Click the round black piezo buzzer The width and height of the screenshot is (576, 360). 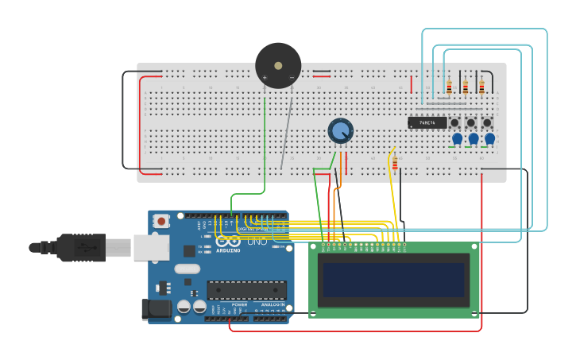coord(278,66)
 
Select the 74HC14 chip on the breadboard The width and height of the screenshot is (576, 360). coord(427,122)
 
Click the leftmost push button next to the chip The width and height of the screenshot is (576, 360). coord(455,122)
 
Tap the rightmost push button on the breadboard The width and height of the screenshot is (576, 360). coord(487,122)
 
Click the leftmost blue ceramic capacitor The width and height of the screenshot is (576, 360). coord(457,138)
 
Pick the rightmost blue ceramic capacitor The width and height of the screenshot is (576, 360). coord(489,138)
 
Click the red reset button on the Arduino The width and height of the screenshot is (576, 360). coord(161,221)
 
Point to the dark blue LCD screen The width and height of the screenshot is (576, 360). coord(393,280)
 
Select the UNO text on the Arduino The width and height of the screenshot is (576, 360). coord(257,241)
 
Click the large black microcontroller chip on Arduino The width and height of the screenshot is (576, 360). coord(246,290)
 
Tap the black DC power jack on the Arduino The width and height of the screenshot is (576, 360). coord(156,309)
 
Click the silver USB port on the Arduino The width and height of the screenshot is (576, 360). coord(151,247)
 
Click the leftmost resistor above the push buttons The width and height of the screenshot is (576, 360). coord(449,87)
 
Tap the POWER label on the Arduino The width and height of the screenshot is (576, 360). coord(239,304)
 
